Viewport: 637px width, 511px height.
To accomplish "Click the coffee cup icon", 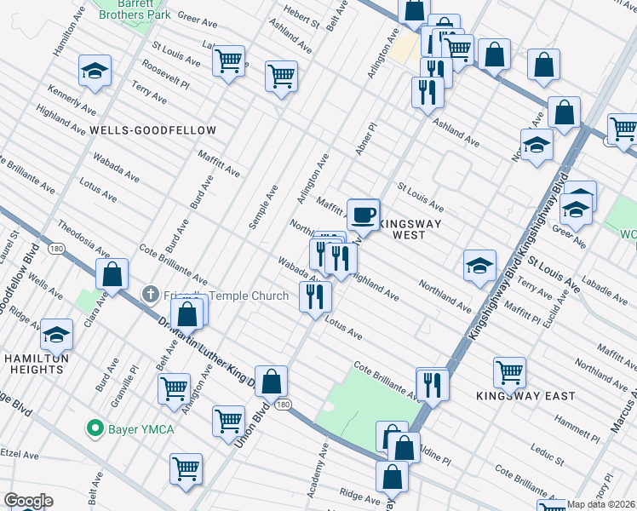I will tap(364, 214).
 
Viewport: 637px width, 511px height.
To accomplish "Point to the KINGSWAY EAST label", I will tap(525, 396).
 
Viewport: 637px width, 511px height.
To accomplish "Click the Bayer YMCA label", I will tap(140, 428).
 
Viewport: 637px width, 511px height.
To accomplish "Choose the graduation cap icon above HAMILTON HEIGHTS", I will tap(57, 335).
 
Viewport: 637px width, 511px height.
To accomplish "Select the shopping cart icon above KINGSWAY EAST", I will tap(509, 371).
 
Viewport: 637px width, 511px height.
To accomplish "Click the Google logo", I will tap(28, 501).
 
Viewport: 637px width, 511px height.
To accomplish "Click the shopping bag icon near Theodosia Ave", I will tap(112, 275).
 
